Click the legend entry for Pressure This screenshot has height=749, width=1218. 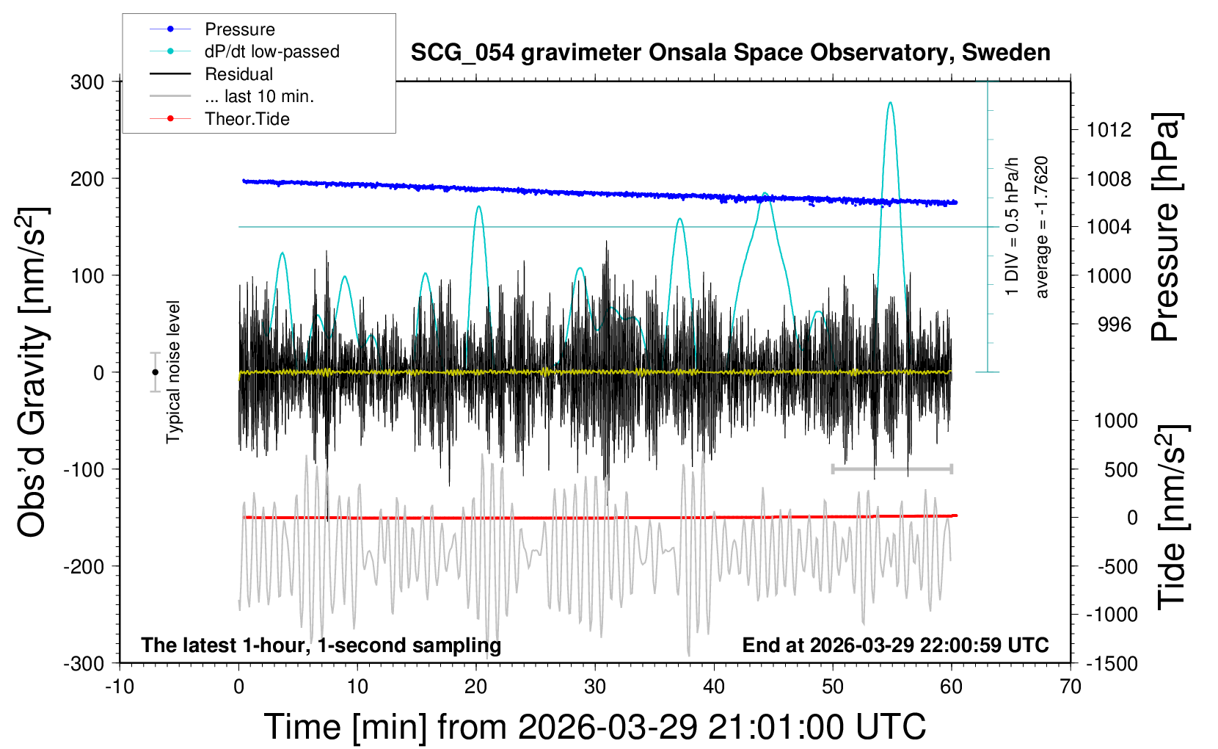(x=239, y=29)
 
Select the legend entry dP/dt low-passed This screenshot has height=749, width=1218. (x=271, y=51)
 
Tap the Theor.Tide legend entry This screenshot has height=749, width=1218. (x=247, y=119)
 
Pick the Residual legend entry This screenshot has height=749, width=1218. (x=238, y=74)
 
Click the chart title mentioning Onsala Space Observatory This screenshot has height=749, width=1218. (x=730, y=53)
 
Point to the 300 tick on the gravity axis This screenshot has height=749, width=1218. (x=87, y=82)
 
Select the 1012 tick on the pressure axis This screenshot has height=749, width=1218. (x=1109, y=130)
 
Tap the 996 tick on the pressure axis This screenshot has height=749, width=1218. (x=1114, y=324)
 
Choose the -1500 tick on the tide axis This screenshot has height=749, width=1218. (x=1112, y=663)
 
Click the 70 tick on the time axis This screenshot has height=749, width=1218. (x=1071, y=687)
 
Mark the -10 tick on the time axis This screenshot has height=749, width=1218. (x=120, y=687)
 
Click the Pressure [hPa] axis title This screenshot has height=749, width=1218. (x=1165, y=227)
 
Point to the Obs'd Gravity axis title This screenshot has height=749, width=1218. (x=33, y=372)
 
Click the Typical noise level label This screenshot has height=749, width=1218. (x=173, y=372)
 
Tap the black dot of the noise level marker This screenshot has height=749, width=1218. (x=155, y=372)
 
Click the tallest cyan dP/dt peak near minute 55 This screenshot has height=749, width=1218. (x=890, y=103)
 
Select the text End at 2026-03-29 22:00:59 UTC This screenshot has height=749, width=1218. (x=895, y=645)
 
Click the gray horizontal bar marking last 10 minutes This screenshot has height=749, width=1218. (x=891, y=468)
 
